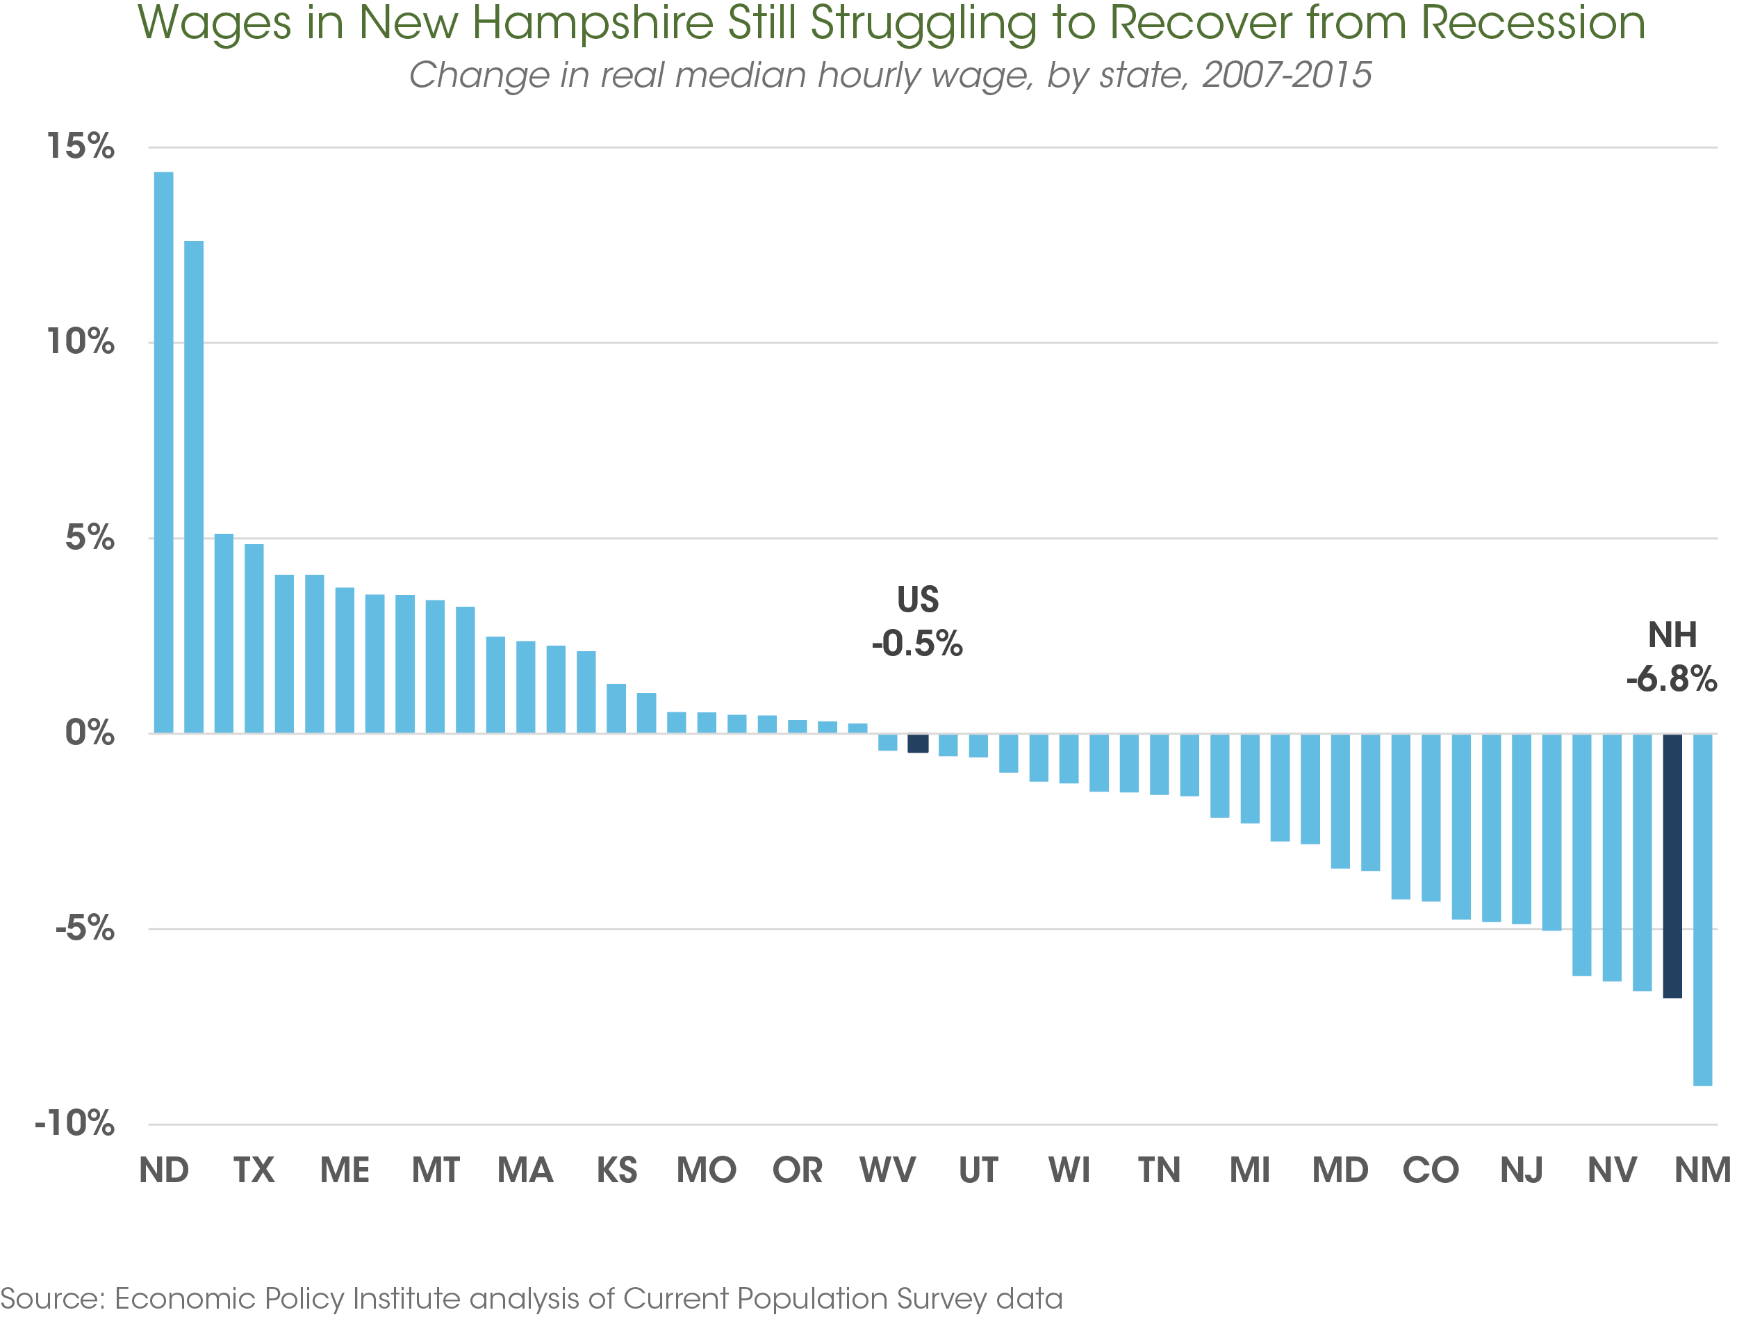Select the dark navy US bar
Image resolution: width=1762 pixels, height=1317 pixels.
click(x=918, y=744)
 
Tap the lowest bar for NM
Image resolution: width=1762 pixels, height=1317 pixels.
click(x=1702, y=909)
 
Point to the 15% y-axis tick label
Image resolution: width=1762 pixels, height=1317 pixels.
click(x=81, y=147)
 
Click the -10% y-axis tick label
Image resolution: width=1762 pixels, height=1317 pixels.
click(x=75, y=1123)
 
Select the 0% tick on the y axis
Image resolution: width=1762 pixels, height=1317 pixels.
click(x=89, y=733)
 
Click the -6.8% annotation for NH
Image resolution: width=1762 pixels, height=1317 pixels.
click(x=1671, y=679)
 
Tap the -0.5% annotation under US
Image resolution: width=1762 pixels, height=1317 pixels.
click(x=917, y=643)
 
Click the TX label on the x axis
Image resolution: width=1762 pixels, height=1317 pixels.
click(x=254, y=1170)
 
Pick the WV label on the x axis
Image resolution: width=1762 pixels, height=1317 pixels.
click(x=887, y=1170)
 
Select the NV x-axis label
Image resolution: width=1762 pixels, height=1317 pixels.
click(x=1611, y=1170)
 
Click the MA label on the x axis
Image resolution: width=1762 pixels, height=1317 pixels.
click(x=525, y=1170)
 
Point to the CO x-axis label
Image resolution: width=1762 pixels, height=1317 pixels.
click(x=1431, y=1170)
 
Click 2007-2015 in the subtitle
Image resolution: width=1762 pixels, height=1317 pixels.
click(x=1287, y=75)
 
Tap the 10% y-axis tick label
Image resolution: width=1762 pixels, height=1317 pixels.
click(x=81, y=342)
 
